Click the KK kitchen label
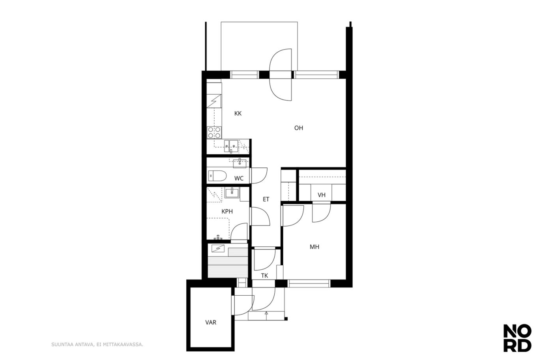pos(238,113)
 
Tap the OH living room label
pos(299,128)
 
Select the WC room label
pos(239,178)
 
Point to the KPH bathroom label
pos(227,212)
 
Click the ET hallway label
pos(266,199)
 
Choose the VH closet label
pos(322,195)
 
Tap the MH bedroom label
pos(314,247)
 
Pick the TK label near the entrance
pos(264,276)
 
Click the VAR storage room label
pos(211,322)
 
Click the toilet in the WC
pos(217,176)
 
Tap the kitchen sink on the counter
pos(231,146)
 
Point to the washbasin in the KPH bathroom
pos(232,193)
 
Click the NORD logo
pos(517,341)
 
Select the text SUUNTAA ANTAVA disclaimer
pos(97,345)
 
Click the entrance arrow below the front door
pos(266,315)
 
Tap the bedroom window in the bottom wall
pos(309,283)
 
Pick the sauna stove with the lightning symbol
pos(218,248)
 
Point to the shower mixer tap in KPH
pos(218,238)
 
